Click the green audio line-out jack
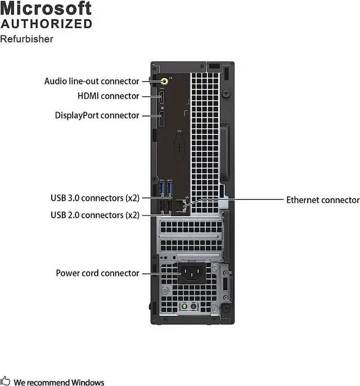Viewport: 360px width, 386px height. click(164, 82)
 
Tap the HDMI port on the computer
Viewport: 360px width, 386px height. click(161, 97)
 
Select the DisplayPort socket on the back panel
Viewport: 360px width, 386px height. click(162, 117)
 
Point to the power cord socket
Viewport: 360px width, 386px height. click(191, 273)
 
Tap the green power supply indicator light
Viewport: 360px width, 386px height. click(183, 307)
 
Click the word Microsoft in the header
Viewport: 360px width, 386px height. click(46, 8)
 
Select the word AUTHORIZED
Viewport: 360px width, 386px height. click(46, 24)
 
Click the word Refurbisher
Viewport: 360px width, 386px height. click(26, 39)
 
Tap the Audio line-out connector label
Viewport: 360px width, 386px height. click(92, 82)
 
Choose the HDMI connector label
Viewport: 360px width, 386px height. click(108, 96)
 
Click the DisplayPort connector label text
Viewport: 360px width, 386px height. click(97, 115)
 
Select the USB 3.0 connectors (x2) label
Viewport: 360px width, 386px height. click(95, 198)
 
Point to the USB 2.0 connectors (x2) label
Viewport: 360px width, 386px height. click(95, 215)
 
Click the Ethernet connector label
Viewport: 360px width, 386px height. click(322, 200)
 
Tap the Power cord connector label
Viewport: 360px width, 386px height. click(97, 273)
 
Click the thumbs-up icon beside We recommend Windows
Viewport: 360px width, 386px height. click(6, 381)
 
